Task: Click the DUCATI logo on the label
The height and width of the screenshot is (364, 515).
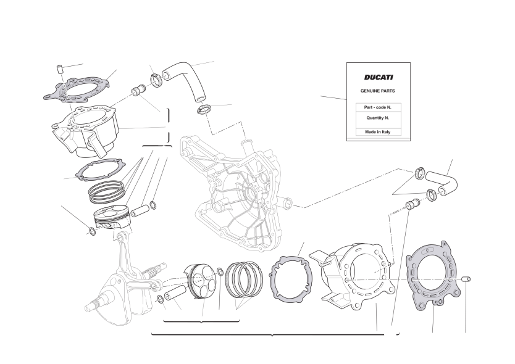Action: (379, 78)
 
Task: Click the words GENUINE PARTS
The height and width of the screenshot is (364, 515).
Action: (378, 91)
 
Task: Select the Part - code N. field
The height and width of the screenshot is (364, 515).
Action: (378, 107)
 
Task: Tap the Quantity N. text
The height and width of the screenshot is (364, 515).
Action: (378, 118)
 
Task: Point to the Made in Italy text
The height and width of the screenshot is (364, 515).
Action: (378, 132)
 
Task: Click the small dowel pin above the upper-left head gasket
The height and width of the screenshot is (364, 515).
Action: (59, 70)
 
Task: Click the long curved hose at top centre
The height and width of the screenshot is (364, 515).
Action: (186, 78)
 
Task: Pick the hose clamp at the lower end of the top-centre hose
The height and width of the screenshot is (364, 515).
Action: (204, 109)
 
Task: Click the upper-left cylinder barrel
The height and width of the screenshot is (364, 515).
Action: (85, 131)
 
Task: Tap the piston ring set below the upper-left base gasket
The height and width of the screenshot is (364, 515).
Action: (106, 192)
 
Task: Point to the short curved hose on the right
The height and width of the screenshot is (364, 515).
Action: (442, 183)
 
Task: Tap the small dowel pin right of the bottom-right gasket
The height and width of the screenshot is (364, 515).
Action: (466, 279)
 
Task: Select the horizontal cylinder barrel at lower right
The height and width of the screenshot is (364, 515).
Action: (357, 276)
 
